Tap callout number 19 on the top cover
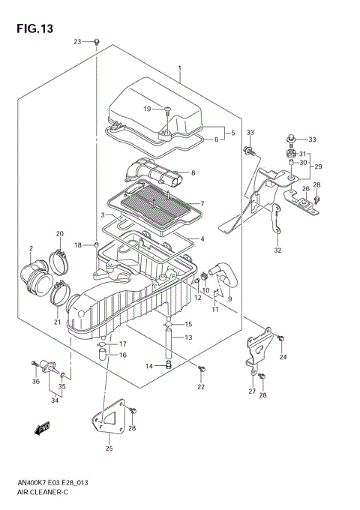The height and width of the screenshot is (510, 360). [148, 109]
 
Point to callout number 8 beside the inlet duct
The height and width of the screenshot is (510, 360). [193, 173]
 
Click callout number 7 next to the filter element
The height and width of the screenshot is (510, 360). [201, 203]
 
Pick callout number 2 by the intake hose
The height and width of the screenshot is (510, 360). [31, 248]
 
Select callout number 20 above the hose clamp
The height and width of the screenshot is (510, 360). [59, 234]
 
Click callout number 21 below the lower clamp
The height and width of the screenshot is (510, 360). [56, 322]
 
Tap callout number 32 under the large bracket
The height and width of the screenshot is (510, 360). [277, 250]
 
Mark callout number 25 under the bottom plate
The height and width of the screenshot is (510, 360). [108, 448]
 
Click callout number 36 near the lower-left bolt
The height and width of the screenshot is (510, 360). [35, 381]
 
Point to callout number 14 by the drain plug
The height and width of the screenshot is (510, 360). [149, 366]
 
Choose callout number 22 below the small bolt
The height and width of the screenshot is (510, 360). [201, 387]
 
